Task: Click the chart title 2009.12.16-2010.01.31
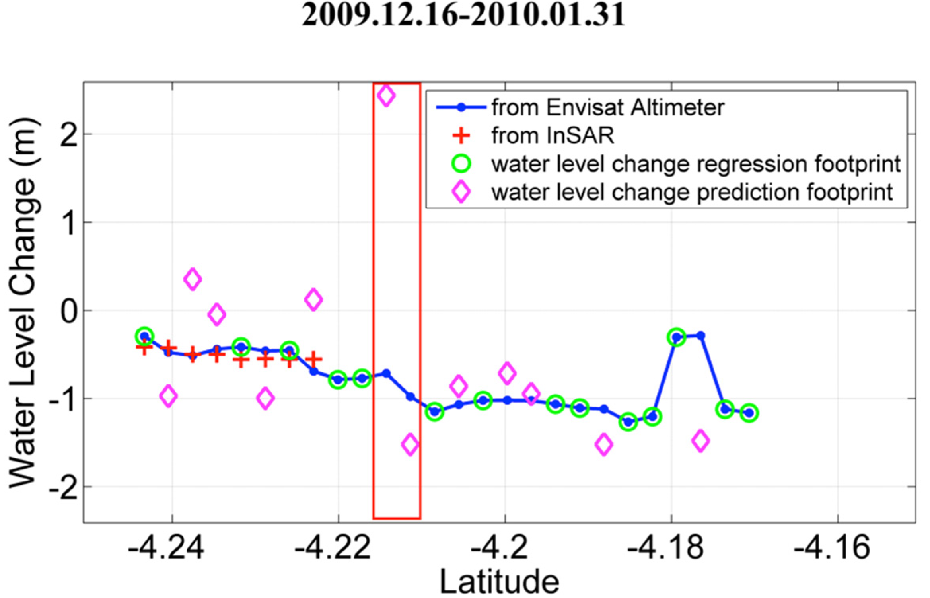pos(463,15)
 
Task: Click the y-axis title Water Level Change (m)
pos(25,302)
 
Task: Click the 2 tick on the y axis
pos(68,135)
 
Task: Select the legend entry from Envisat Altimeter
pos(608,107)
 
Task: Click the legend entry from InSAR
pos(553,136)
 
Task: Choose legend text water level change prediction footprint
pos(692,192)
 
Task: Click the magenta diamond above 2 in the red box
pos(386,95)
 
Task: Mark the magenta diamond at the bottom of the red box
pos(411,444)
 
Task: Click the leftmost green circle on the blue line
pos(144,337)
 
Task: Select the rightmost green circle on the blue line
pos(749,413)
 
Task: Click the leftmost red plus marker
pos(144,348)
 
